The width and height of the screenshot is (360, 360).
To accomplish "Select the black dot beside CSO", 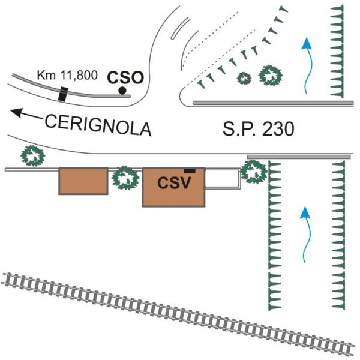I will pyautogui.click(x=122, y=91).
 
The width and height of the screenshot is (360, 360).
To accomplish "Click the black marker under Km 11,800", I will pyautogui.click(x=62, y=95).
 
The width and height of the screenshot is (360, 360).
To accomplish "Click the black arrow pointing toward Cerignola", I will pyautogui.click(x=25, y=113).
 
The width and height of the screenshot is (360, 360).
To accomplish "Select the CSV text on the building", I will pyautogui.click(x=174, y=182).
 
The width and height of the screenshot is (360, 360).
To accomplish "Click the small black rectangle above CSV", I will pyautogui.click(x=190, y=171).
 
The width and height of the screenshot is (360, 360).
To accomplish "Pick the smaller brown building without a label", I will pyautogui.click(x=83, y=181).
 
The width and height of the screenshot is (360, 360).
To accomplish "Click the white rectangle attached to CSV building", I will pyautogui.click(x=223, y=179).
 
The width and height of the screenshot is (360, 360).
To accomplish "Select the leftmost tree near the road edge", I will pyautogui.click(x=33, y=156).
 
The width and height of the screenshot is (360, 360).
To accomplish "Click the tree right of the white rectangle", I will pyautogui.click(x=254, y=171).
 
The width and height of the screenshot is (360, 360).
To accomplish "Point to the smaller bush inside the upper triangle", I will pyautogui.click(x=244, y=77).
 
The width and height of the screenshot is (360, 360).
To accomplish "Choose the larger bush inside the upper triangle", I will pyautogui.click(x=271, y=76).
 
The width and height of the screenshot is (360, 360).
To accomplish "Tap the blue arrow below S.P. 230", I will pyautogui.click(x=306, y=233).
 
